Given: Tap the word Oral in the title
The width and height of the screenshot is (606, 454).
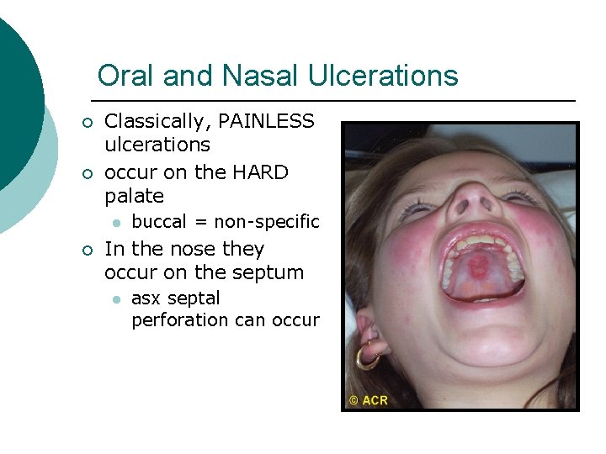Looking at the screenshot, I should (126, 76).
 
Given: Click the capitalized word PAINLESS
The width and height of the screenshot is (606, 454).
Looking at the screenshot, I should (266, 122).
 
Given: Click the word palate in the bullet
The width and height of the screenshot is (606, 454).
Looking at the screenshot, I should (134, 197).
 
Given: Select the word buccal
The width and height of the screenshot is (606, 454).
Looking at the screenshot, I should (159, 222).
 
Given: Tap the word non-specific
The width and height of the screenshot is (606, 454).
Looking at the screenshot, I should (267, 222).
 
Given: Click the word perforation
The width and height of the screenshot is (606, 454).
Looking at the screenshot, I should (179, 320).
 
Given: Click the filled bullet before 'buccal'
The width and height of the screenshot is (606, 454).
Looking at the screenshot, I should (115, 223).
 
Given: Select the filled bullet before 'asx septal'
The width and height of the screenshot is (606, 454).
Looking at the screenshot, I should (115, 299).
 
